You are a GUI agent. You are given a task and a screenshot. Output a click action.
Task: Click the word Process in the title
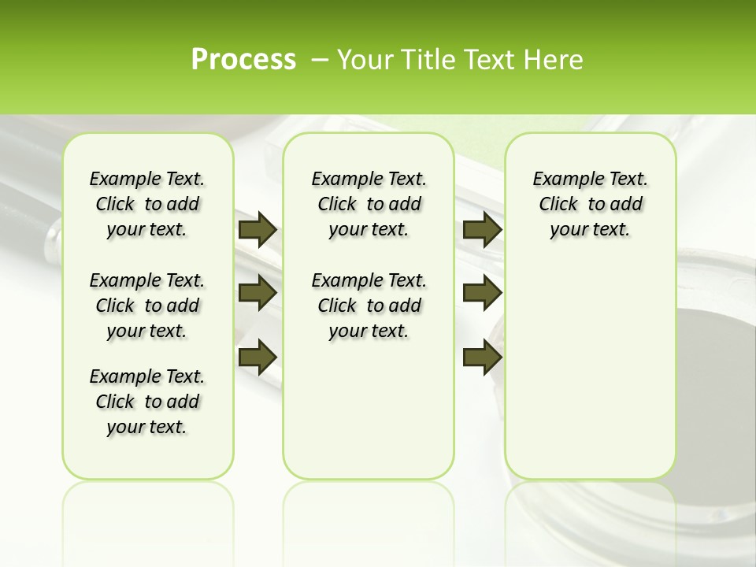click(243, 60)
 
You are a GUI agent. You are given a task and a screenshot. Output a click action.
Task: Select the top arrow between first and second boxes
click(258, 230)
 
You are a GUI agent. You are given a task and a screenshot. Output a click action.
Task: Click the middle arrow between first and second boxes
click(258, 293)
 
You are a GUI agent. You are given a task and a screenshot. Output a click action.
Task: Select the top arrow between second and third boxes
click(482, 230)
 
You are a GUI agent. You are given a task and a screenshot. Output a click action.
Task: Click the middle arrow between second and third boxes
click(482, 293)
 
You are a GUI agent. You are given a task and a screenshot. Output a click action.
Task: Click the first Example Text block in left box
click(147, 204)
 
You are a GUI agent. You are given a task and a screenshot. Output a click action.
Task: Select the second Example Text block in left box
click(147, 306)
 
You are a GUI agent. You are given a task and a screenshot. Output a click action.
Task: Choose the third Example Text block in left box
click(147, 402)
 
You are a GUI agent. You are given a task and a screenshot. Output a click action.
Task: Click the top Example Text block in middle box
click(369, 204)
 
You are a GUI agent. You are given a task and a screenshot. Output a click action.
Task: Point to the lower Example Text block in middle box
click(369, 306)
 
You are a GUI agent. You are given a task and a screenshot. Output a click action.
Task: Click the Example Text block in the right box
click(590, 204)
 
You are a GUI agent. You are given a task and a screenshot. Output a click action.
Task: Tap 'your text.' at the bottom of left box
click(147, 427)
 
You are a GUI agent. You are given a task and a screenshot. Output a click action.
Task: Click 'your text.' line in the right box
click(590, 229)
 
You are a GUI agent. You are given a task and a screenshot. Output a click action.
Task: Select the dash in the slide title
click(320, 60)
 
